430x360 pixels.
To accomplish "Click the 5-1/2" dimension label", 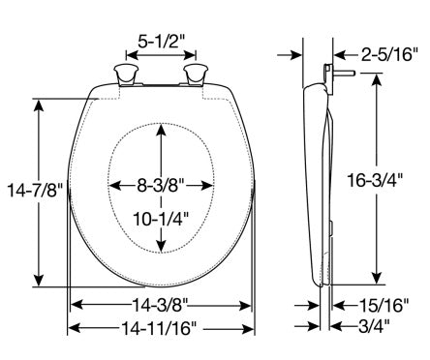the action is tap(161, 41).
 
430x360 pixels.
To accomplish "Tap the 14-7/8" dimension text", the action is tap(35, 190).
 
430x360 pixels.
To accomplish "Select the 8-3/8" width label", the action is tap(161, 185).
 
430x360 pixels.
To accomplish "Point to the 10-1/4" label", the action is tap(161, 220).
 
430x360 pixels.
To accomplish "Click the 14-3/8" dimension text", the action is tap(160, 305).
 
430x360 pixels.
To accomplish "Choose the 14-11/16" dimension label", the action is tap(159, 328).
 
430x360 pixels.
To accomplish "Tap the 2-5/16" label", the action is tap(389, 54).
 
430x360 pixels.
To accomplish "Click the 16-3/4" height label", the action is tap(375, 180).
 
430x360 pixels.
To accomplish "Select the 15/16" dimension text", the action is tap(384, 305).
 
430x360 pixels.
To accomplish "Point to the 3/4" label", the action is tap(374, 327).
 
